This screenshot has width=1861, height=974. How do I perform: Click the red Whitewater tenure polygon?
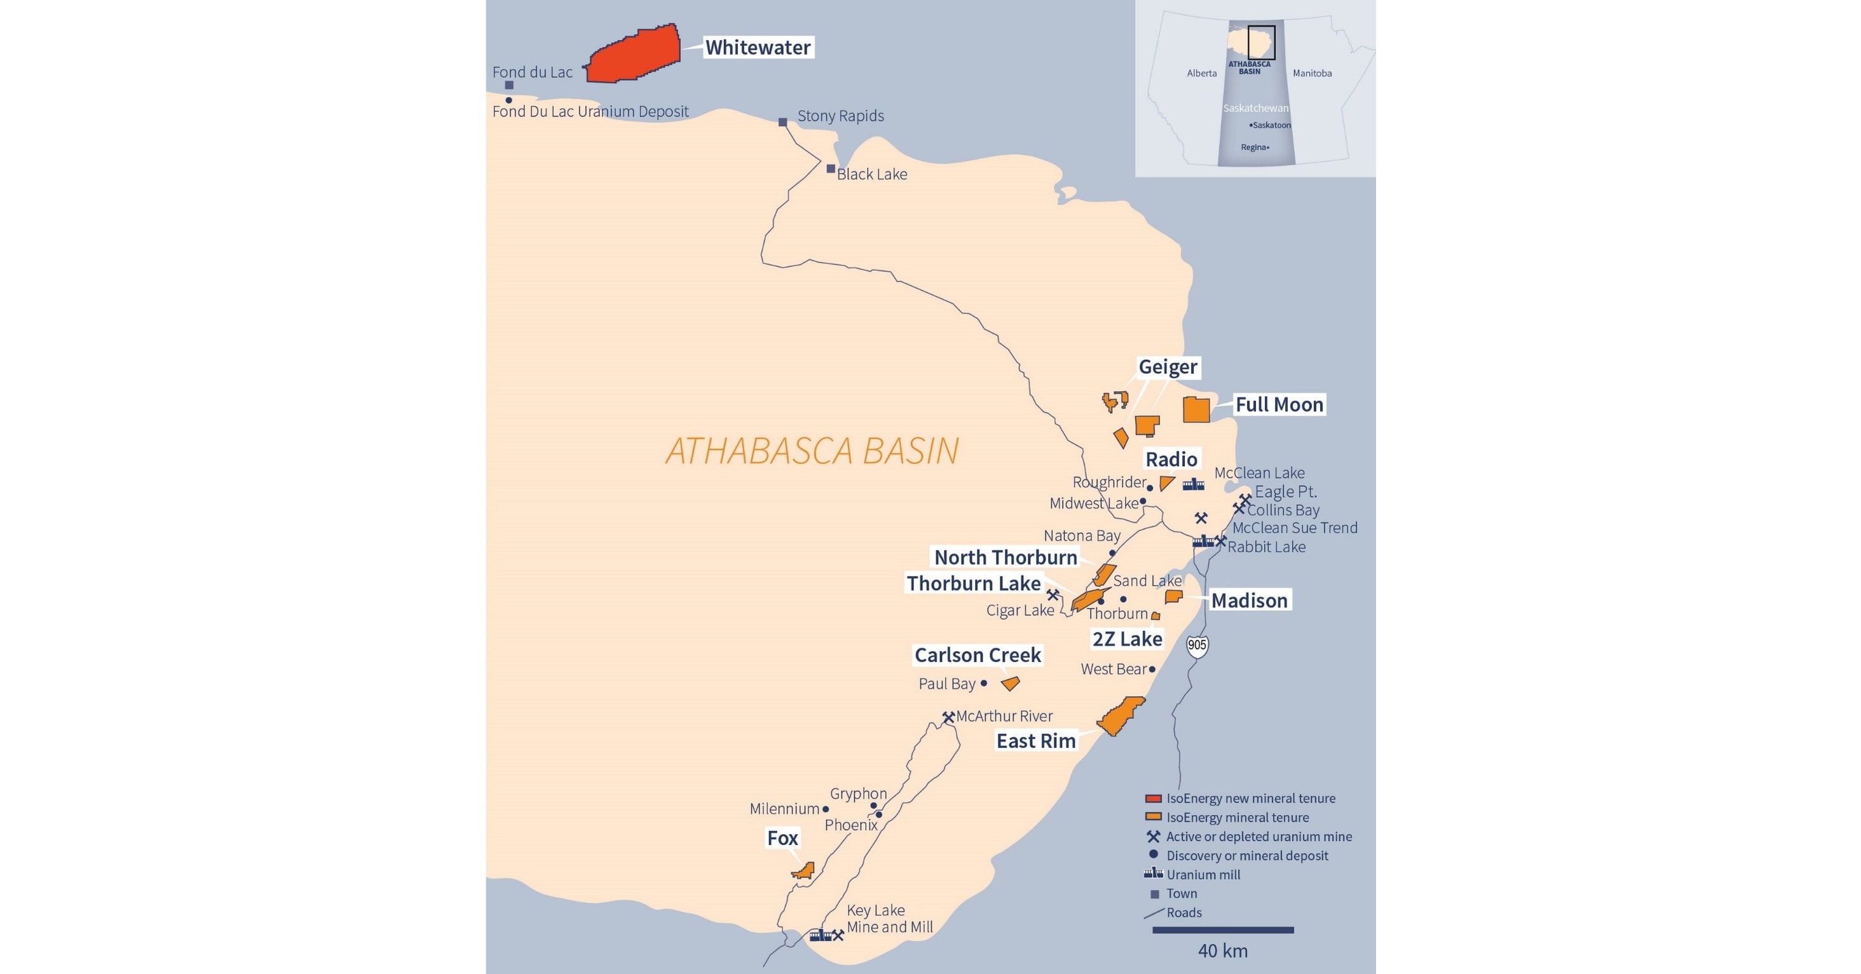pos(634,54)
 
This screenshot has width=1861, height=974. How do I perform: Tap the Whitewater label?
pos(757,48)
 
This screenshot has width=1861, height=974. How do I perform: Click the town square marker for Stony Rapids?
pos(782,122)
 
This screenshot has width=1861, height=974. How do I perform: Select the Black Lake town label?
pos(871,174)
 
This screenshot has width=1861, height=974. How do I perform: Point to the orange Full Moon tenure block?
pos(1196,409)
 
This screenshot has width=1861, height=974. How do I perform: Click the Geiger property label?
pos(1168,367)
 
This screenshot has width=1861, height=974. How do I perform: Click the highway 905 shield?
pos(1196,645)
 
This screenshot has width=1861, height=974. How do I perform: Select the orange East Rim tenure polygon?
pos(1121,716)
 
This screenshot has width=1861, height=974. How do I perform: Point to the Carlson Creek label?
pos(978,655)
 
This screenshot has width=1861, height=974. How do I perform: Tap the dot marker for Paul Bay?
pos(983,683)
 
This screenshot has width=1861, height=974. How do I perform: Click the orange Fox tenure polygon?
pos(804,870)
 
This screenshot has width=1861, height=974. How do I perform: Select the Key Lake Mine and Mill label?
pos(889,918)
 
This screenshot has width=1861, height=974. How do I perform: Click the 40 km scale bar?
pos(1222,930)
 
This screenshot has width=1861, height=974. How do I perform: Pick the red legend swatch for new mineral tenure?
pos(1153,799)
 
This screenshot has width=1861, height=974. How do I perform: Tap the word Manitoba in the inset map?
pos(1312,73)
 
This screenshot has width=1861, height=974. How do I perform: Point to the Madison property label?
pos(1248,600)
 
